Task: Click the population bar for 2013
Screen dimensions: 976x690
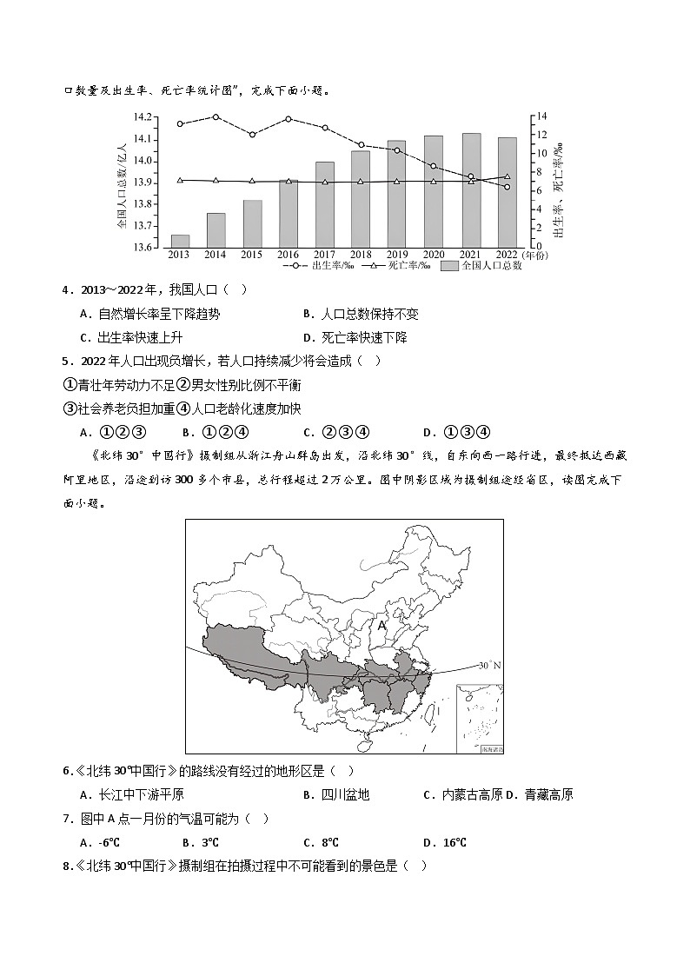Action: point(180,241)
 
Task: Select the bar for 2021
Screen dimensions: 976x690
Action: point(470,190)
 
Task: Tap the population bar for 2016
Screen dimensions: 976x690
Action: point(289,214)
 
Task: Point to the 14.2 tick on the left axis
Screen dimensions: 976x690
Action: point(142,117)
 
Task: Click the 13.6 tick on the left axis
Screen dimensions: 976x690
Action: point(142,248)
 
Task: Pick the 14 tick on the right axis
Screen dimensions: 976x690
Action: point(540,116)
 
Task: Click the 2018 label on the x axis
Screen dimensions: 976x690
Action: point(361,255)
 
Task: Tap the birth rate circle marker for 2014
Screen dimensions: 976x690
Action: point(216,116)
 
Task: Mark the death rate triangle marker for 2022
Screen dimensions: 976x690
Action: point(508,176)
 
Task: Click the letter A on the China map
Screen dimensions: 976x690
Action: point(381,625)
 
